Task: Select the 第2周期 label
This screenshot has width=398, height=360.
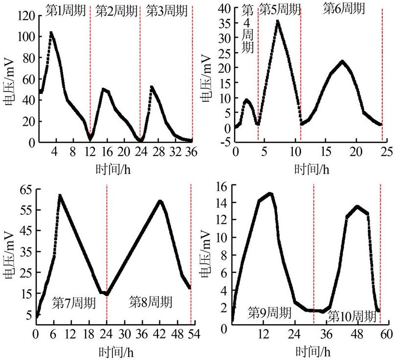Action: [x=116, y=9]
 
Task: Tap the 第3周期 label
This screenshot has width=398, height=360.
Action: [x=165, y=9]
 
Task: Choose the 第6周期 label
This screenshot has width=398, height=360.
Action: [x=344, y=8]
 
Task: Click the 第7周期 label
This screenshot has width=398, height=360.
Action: [x=74, y=302]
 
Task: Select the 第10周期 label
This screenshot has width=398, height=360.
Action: [x=352, y=316]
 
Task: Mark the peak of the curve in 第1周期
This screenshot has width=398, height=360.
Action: [x=51, y=33]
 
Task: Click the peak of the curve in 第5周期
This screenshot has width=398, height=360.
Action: [x=278, y=21]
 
